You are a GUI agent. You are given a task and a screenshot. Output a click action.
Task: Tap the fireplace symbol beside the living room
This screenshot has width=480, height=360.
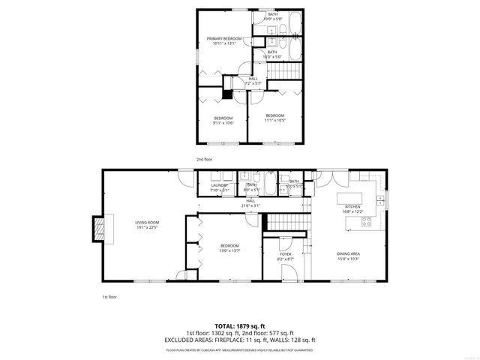pyautogui.click(x=97, y=229)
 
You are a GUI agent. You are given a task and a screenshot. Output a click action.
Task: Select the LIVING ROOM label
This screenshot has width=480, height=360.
pyautogui.click(x=148, y=222)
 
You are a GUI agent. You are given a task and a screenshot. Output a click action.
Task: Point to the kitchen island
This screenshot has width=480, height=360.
pyautogui.click(x=352, y=199)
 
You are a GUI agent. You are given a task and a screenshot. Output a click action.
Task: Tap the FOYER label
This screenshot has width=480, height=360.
pyautogui.click(x=286, y=254)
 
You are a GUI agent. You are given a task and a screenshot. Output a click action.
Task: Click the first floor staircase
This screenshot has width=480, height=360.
pyautogui.click(x=284, y=222)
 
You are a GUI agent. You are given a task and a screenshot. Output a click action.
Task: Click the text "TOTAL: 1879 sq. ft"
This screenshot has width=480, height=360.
pyautogui.click(x=240, y=326)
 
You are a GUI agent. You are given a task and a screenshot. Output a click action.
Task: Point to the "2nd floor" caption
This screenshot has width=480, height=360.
pyautogui.click(x=205, y=160)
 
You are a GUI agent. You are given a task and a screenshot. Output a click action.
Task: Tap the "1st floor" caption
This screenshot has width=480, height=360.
pyautogui.click(x=109, y=297)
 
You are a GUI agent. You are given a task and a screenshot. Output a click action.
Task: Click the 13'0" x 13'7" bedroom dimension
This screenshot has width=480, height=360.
pyautogui.click(x=229, y=251)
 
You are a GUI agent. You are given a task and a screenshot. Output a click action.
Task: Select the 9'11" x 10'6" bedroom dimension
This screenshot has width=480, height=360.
pyautogui.click(x=223, y=124)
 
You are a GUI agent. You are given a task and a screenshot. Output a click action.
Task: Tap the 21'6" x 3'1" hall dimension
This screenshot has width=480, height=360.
pyautogui.click(x=250, y=205)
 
